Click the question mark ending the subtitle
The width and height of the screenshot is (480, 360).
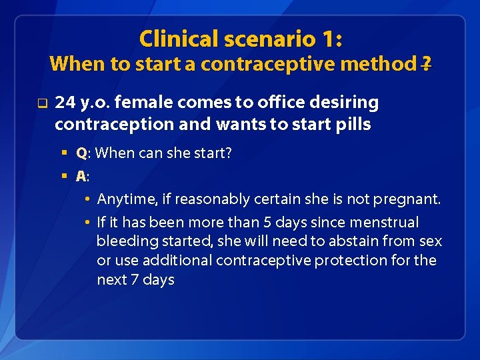(426, 64)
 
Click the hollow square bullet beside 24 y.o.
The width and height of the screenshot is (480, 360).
(41, 103)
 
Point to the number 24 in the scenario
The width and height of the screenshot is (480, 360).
(65, 103)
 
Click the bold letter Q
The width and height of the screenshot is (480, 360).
(81, 153)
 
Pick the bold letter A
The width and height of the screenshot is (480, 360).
(81, 177)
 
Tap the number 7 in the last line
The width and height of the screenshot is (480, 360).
(135, 279)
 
